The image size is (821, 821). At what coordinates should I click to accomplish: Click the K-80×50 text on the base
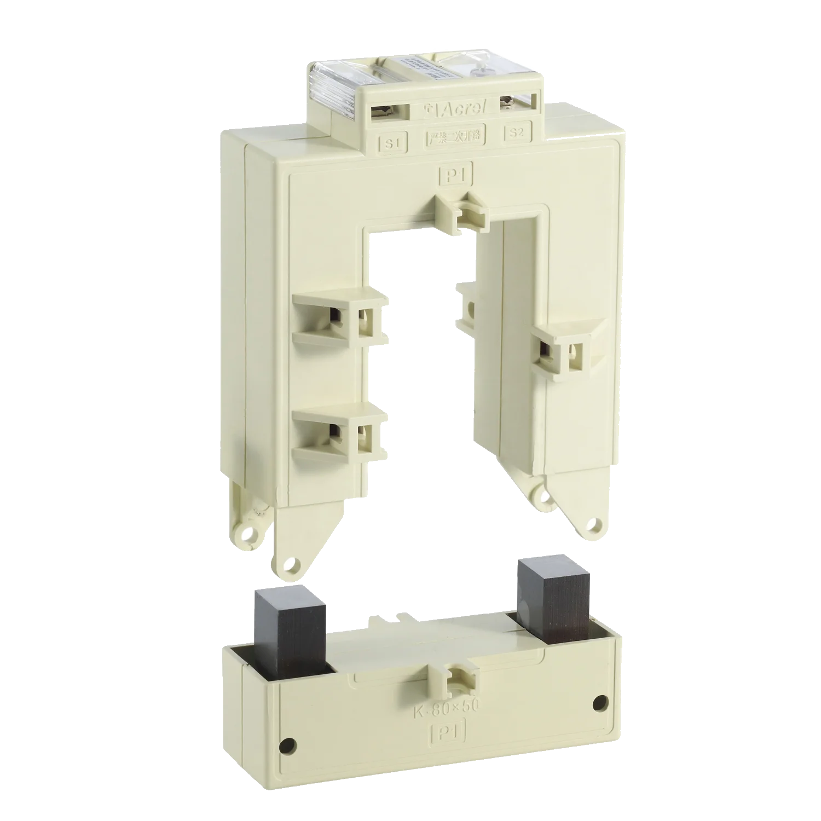[x=445, y=709]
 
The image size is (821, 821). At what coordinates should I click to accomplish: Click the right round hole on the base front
[x=600, y=701]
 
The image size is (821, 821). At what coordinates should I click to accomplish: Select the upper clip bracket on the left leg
[x=339, y=317]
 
